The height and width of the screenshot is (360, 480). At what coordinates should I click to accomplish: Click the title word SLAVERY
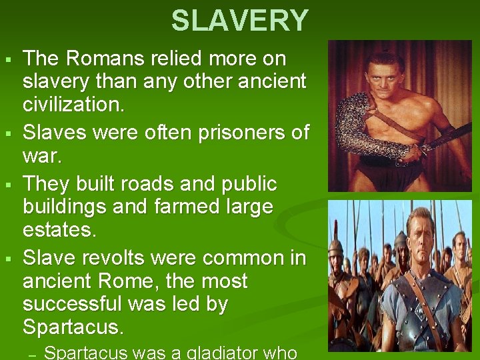(239, 21)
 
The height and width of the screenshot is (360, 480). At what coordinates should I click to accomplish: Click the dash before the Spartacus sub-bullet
(31, 353)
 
